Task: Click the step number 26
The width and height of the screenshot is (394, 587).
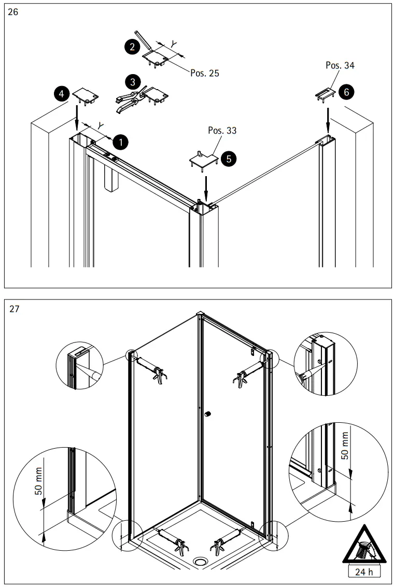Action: (x=13, y=12)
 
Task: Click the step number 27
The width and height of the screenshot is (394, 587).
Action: (x=13, y=309)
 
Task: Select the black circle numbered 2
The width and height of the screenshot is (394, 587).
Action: (x=133, y=47)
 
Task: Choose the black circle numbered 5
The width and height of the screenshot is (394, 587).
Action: (x=227, y=159)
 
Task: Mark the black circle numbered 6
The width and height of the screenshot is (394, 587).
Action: (x=346, y=92)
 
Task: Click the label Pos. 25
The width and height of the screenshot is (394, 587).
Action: (x=204, y=73)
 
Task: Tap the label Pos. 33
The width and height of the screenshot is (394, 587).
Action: (x=222, y=130)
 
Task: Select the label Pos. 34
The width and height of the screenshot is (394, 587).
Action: (x=340, y=65)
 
